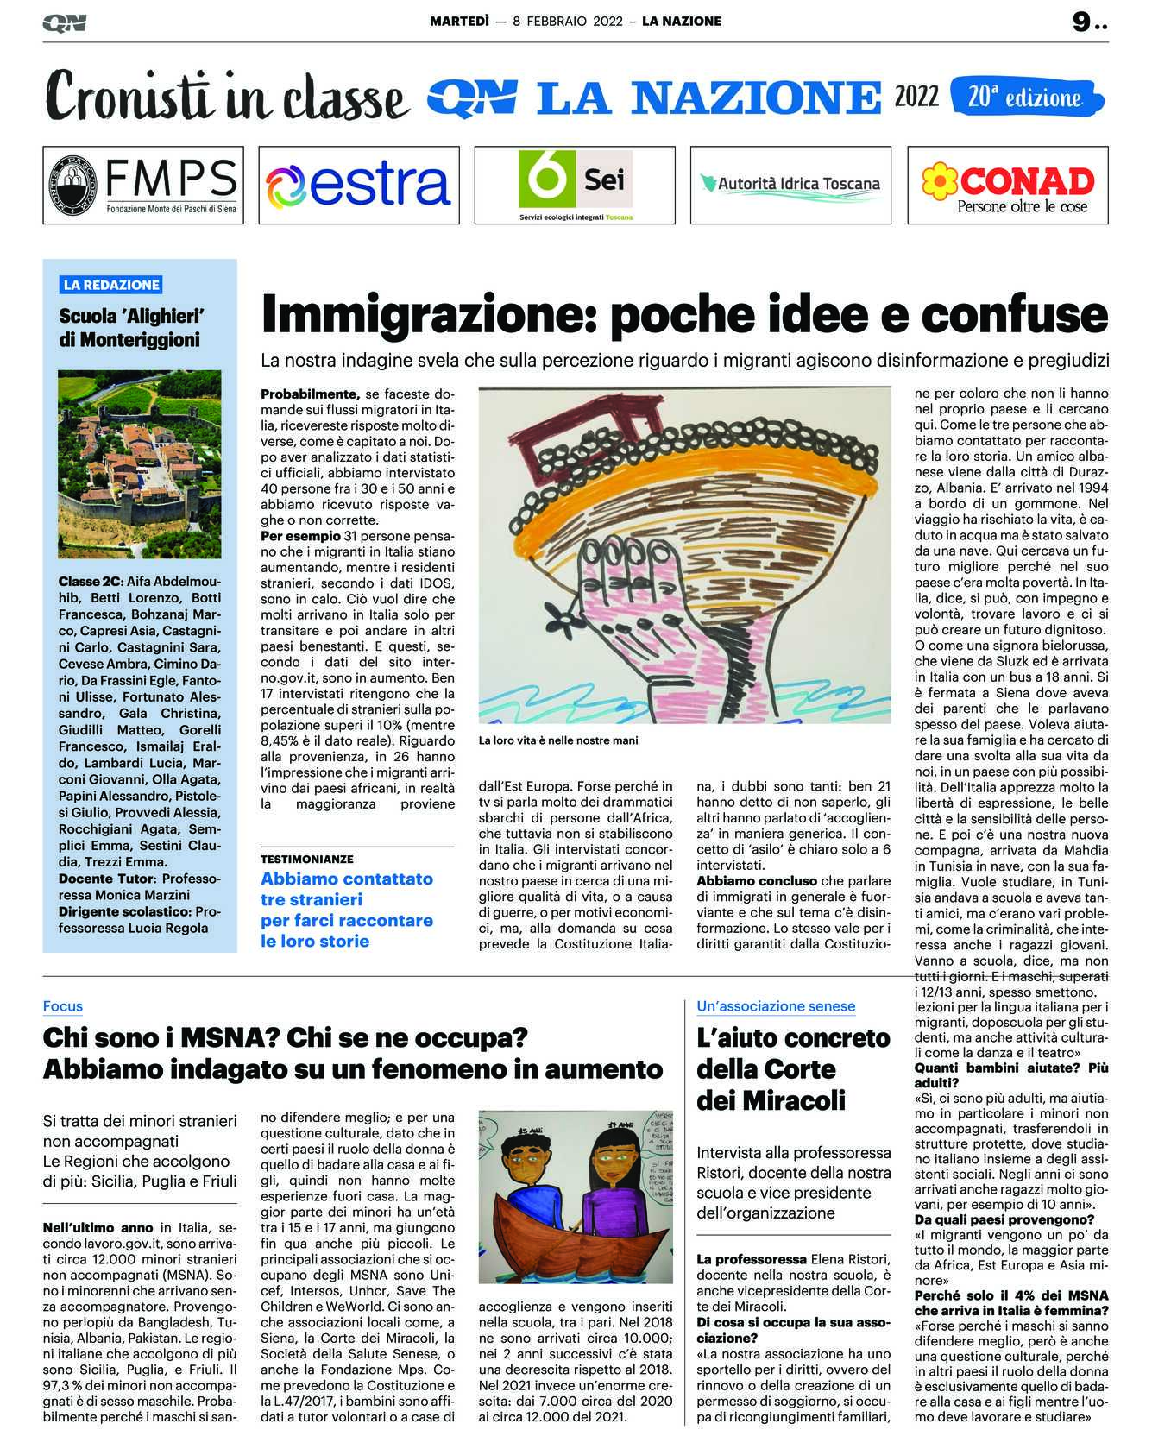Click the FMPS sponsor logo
pos(143,185)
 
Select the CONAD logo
pos(1008,185)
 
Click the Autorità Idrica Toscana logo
pos(790,184)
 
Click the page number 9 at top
pos(1080,22)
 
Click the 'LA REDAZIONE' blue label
pos(110,285)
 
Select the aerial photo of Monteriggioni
pos(139,463)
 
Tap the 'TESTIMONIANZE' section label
pos(307,860)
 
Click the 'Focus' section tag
pos(63,1006)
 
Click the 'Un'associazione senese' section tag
pos(776,1006)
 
